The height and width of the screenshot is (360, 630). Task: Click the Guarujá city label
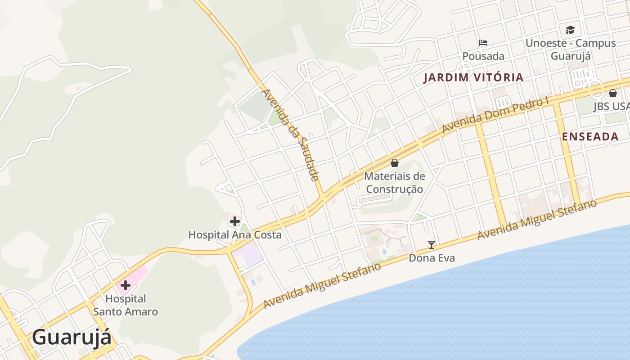pyautogui.click(x=72, y=337)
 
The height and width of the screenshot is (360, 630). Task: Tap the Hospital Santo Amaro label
pyautogui.click(x=126, y=305)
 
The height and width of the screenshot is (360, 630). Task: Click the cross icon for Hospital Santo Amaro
pyautogui.click(x=125, y=285)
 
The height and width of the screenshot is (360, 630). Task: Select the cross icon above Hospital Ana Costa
pyautogui.click(x=235, y=221)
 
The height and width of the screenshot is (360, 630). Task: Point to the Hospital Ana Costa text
pyautogui.click(x=235, y=235)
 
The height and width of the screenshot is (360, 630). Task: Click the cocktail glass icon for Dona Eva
pyautogui.click(x=432, y=245)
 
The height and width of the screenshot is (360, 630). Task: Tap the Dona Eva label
pyautogui.click(x=432, y=258)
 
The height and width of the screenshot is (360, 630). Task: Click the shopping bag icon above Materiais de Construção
pyautogui.click(x=395, y=163)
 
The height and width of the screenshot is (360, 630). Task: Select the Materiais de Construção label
pyautogui.click(x=395, y=183)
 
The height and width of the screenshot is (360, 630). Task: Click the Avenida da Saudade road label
pyautogui.click(x=291, y=135)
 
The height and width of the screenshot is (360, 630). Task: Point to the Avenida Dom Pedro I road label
pyautogui.click(x=495, y=115)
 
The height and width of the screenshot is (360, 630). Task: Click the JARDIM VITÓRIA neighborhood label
pyautogui.click(x=473, y=77)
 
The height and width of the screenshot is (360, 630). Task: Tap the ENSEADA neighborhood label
pyautogui.click(x=590, y=137)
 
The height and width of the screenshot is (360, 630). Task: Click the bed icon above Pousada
pyautogui.click(x=483, y=43)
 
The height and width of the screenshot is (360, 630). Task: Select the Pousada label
pyautogui.click(x=483, y=56)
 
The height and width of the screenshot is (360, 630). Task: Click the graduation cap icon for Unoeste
pyautogui.click(x=571, y=30)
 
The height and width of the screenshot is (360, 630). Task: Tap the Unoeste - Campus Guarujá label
pyautogui.click(x=571, y=49)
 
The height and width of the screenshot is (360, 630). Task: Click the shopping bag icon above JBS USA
pyautogui.click(x=612, y=93)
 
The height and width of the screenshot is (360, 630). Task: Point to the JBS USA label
pyautogui.click(x=611, y=107)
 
